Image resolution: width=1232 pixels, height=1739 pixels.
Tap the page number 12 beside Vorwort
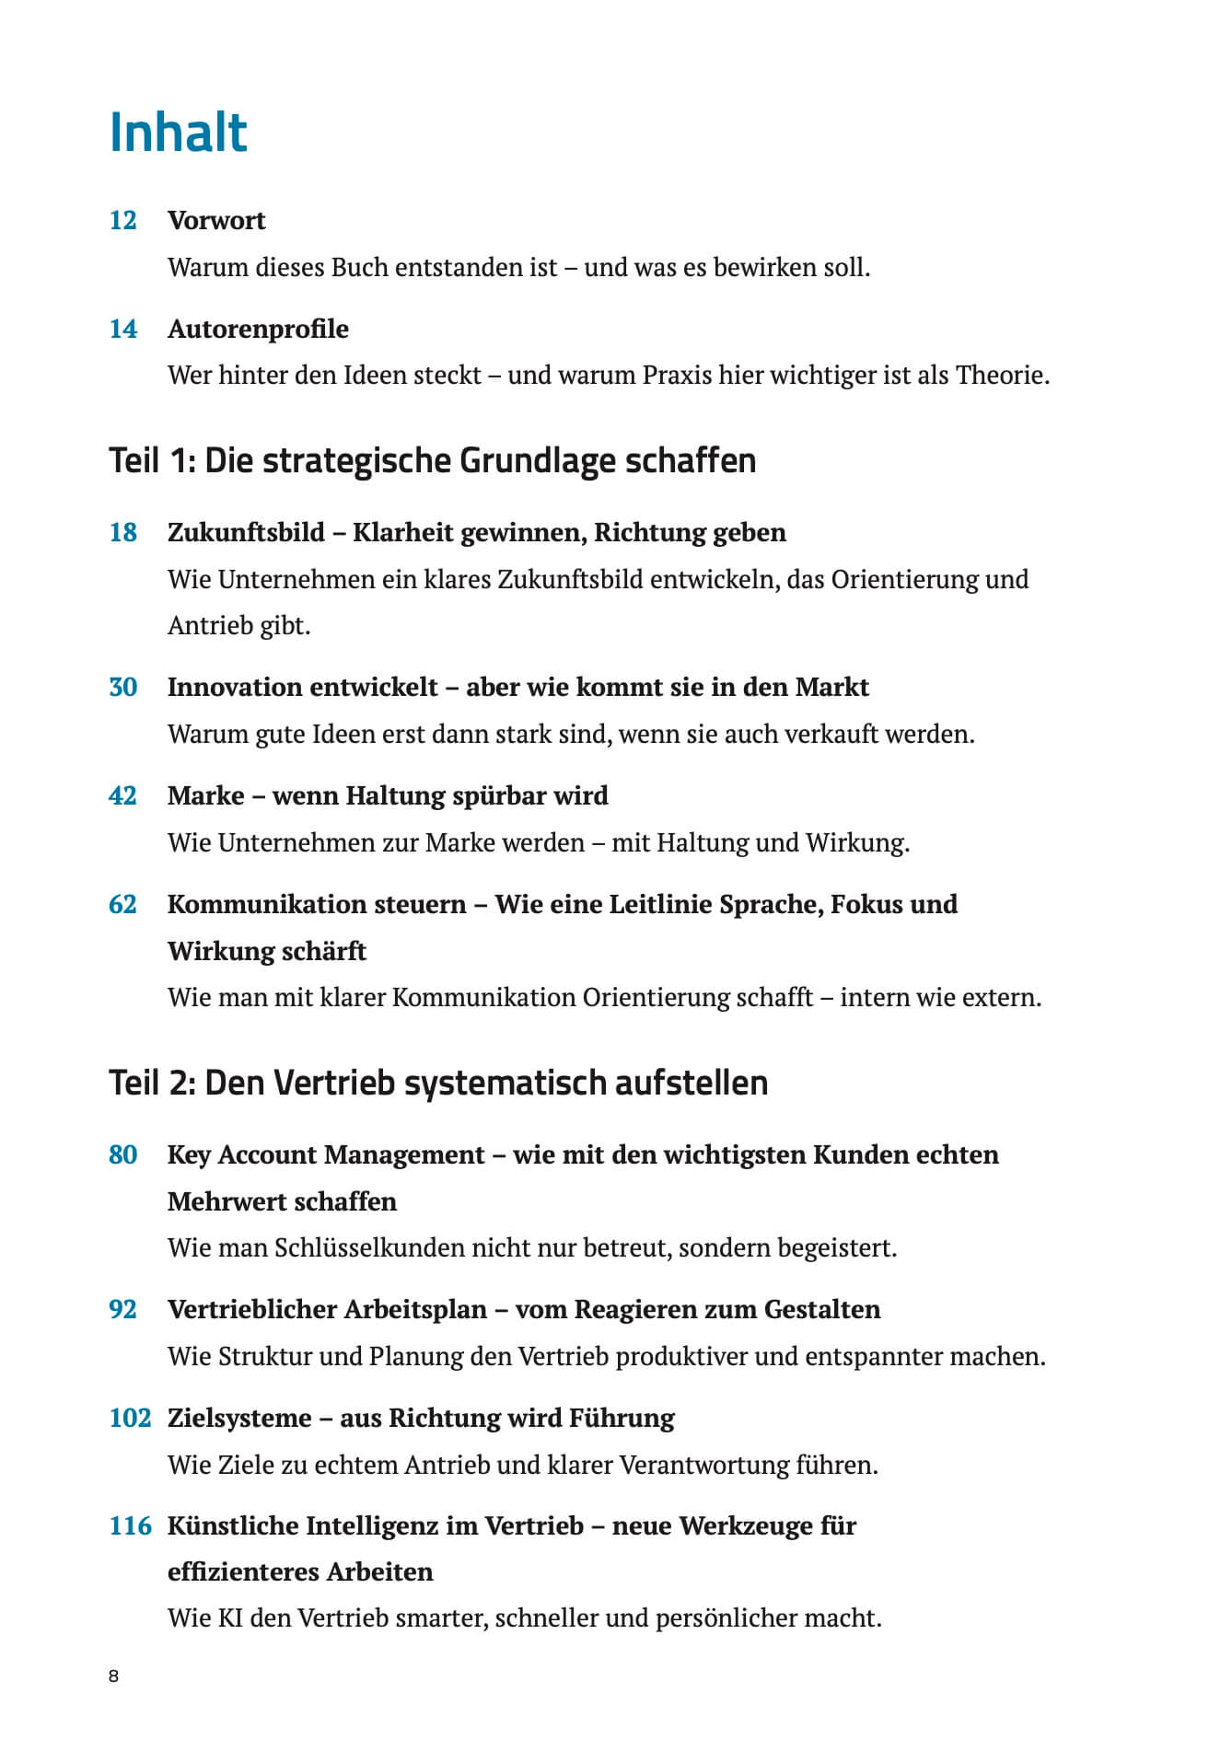point(122,221)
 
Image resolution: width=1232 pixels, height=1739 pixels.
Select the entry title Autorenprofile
point(258,329)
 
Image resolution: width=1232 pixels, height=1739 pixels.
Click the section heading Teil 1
point(432,460)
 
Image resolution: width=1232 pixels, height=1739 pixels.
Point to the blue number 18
point(122,532)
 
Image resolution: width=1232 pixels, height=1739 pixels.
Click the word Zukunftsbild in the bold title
point(246,532)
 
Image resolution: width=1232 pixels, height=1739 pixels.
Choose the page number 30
point(122,687)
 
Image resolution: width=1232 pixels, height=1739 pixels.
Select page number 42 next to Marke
point(122,795)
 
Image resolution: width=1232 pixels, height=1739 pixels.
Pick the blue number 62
point(122,904)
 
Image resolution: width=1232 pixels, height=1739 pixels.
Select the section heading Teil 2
point(437,1083)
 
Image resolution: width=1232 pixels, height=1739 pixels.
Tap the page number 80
point(122,1154)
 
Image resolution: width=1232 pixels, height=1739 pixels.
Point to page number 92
point(122,1309)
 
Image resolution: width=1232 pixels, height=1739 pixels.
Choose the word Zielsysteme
point(239,1418)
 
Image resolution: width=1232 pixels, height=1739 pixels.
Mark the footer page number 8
point(113,1675)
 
